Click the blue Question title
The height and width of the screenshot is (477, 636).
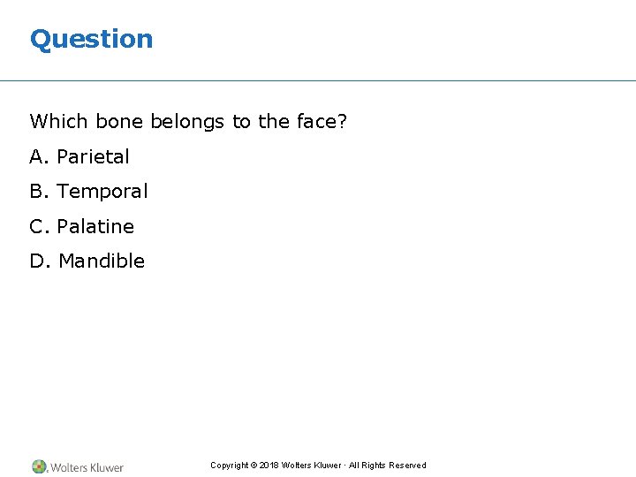pyautogui.click(x=91, y=39)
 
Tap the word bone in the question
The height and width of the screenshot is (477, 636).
pyautogui.click(x=120, y=122)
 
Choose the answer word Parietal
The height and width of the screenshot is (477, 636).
pyautogui.click(x=93, y=157)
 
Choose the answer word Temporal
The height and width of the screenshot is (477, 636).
pyautogui.click(x=102, y=192)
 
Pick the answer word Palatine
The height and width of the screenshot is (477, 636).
pyautogui.click(x=95, y=227)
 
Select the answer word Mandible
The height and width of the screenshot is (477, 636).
pyautogui.click(x=102, y=261)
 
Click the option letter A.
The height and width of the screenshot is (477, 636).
pyautogui.click(x=37, y=157)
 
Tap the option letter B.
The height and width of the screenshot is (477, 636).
pyautogui.click(x=37, y=192)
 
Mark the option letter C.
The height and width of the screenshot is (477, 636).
pyautogui.click(x=37, y=227)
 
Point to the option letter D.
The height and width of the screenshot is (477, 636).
pyautogui.click(x=38, y=261)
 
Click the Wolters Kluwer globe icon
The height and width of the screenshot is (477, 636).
pyautogui.click(x=39, y=466)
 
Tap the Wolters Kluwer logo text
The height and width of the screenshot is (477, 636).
pyautogui.click(x=87, y=467)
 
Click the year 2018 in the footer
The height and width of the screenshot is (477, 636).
pyautogui.click(x=269, y=466)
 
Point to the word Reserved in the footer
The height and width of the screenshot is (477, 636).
pyautogui.click(x=406, y=466)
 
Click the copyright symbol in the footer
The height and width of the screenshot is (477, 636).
pyautogui.click(x=254, y=466)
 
